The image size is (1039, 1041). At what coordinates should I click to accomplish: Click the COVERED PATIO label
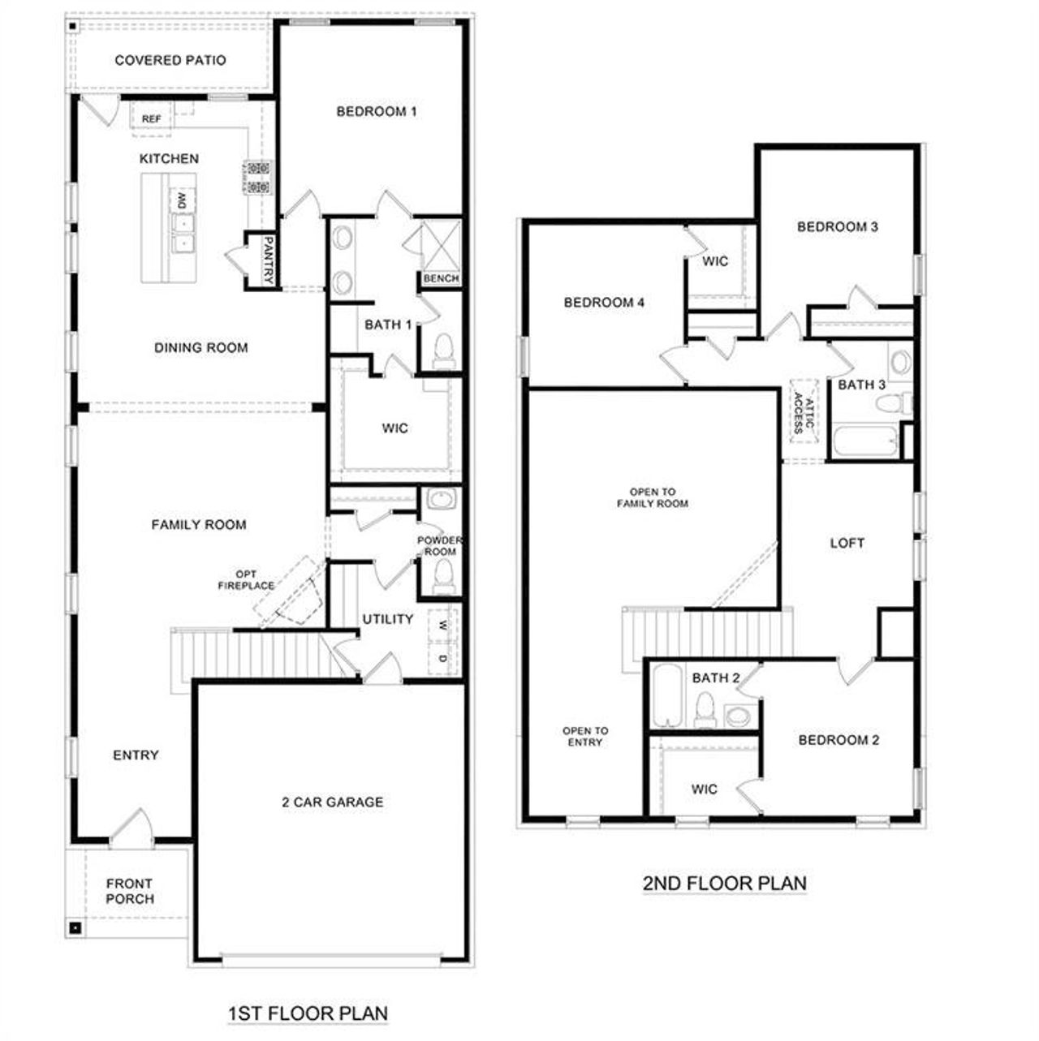170,60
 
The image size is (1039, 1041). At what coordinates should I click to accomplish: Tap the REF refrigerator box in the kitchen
151,118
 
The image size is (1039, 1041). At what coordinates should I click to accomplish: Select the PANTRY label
269,260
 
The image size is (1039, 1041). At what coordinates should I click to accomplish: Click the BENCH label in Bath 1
441,278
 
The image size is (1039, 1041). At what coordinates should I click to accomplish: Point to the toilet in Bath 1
443,352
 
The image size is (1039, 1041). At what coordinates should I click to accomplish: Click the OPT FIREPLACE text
246,580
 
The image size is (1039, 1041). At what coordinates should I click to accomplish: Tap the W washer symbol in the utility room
442,625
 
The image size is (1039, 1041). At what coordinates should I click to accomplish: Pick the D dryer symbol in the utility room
442,658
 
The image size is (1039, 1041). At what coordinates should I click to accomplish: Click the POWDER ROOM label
440,546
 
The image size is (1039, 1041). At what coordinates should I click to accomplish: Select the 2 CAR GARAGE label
332,802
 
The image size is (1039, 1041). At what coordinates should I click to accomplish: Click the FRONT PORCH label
130,891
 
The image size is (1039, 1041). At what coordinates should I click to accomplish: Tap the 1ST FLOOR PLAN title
308,1013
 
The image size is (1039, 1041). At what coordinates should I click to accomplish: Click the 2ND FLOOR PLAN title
725,883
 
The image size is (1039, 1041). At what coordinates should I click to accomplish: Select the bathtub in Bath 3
864,443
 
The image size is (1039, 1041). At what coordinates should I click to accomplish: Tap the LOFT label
847,544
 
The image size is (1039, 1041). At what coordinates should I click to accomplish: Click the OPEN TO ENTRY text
585,737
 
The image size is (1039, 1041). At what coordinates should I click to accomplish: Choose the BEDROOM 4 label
604,303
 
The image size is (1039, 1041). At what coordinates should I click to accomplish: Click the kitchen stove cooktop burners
257,178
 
